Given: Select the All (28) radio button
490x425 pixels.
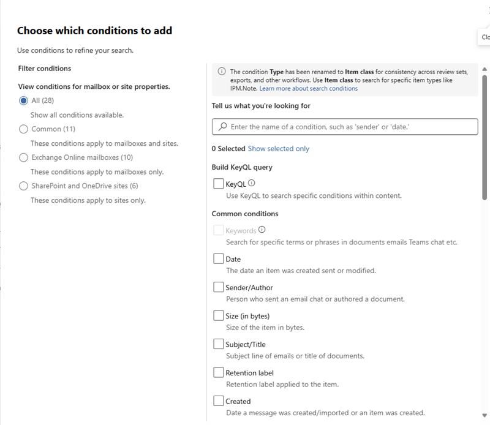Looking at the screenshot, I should (x=24, y=100).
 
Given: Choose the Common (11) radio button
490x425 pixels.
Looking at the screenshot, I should (x=24, y=129).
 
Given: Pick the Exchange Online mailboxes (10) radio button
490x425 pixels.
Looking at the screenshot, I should (x=24, y=157).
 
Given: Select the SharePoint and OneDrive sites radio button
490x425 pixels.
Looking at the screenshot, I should (x=24, y=186).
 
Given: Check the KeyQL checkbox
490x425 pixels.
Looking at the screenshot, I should (x=219, y=183).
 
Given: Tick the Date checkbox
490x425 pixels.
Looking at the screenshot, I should (x=219, y=258).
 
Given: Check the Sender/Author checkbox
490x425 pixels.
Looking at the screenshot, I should (x=219, y=287).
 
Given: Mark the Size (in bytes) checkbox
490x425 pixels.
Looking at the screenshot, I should (x=219, y=315).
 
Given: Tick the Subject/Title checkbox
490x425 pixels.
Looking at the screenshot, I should (x=219, y=344).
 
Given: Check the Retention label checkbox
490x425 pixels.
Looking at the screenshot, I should (x=219, y=372).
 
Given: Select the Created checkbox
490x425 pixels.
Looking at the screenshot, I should (x=219, y=401).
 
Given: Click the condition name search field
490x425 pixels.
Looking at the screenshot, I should (x=349, y=127).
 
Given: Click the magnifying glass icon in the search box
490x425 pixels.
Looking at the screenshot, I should (x=222, y=127).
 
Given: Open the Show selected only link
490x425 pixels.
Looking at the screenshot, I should (x=278, y=149).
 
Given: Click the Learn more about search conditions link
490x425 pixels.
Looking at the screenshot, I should (x=308, y=88).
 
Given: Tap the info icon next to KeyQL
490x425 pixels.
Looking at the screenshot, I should (x=252, y=183).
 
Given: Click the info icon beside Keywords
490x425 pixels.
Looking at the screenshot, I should (x=262, y=230).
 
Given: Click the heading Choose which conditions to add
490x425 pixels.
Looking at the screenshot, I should (x=94, y=31).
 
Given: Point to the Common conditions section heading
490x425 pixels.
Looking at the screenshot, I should (x=245, y=214).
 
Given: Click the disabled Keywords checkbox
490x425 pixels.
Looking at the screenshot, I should (x=219, y=230).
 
